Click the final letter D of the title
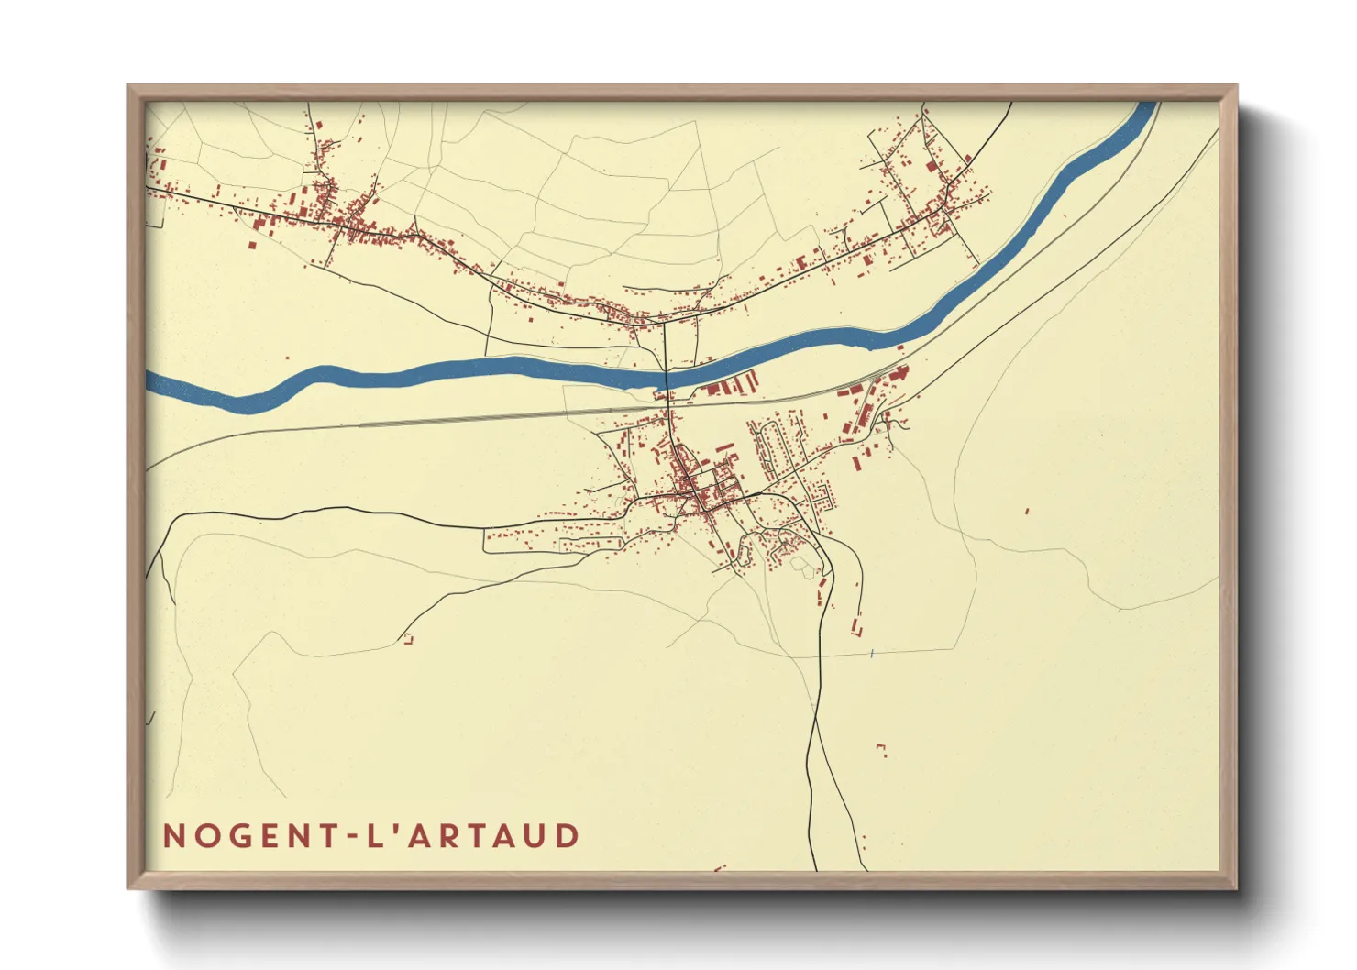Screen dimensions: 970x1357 pyautogui.click(x=568, y=836)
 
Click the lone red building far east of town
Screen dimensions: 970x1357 pyautogui.click(x=1027, y=511)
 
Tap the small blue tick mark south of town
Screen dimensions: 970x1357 pyautogui.click(x=872, y=654)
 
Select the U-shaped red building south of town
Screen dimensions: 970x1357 pyautogui.click(x=857, y=625)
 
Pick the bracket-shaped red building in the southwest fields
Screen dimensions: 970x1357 pyautogui.click(x=408, y=639)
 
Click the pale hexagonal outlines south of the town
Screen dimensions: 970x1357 pyautogui.click(x=804, y=568)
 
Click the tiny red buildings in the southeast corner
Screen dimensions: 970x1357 pyautogui.click(x=881, y=749)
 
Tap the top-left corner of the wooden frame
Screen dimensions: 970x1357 pyautogui.click(x=129, y=87)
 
